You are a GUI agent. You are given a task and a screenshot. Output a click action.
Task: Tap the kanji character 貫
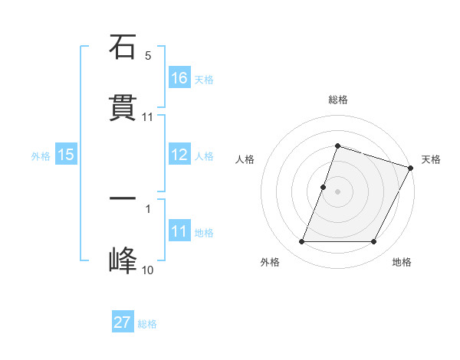[x=123, y=107]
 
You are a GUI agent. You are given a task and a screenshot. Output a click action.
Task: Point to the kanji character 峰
[x=123, y=260]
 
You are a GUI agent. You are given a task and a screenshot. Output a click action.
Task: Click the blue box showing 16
[x=179, y=77]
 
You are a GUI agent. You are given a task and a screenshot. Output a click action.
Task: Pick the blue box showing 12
[x=179, y=155]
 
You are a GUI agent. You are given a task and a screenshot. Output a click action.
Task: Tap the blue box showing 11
[x=179, y=231]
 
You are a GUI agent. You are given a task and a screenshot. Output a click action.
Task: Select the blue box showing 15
[x=66, y=155]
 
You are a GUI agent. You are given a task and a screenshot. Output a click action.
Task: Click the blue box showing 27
[x=123, y=322]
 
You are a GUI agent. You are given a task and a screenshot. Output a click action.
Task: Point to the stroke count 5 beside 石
[x=148, y=56]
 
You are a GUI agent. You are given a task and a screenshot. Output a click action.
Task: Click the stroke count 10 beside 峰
[x=147, y=270]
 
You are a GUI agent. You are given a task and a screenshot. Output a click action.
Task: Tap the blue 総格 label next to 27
[x=147, y=324]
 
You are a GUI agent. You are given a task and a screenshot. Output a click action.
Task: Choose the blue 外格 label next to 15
[x=41, y=155]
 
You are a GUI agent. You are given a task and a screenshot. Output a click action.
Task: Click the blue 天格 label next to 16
[x=204, y=79]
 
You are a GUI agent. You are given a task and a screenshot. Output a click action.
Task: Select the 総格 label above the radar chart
[x=337, y=100]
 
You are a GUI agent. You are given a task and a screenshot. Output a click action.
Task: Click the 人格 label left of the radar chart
[x=245, y=159]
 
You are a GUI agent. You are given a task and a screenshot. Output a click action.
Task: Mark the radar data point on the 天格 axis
[x=412, y=167]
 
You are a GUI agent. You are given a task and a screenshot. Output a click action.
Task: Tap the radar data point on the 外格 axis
[x=302, y=242]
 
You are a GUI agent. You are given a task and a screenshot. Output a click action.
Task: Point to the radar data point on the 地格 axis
[x=373, y=242]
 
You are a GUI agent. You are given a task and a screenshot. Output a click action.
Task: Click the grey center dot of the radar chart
[x=337, y=191]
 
